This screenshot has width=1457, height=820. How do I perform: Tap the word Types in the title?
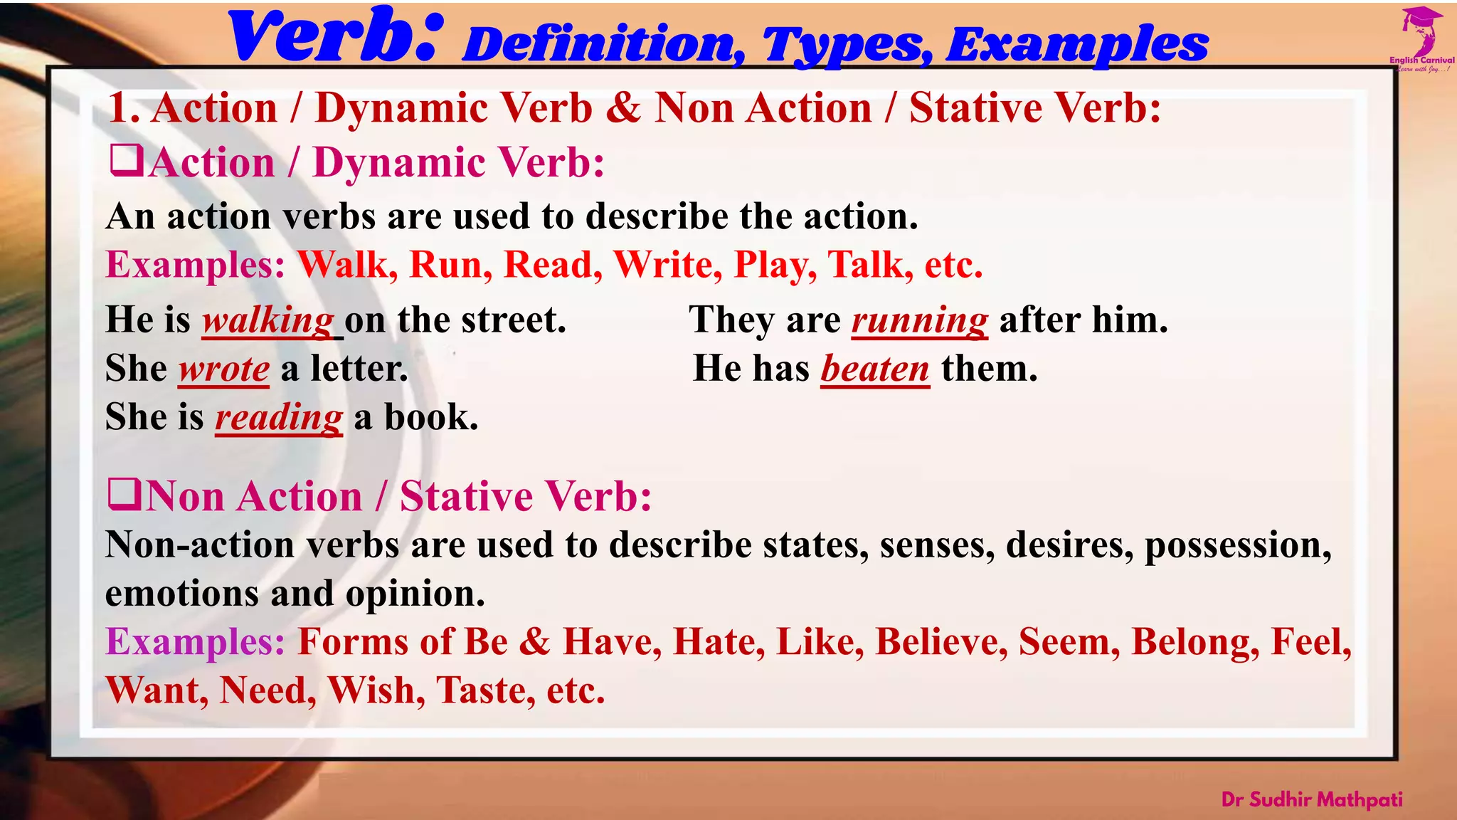point(847,44)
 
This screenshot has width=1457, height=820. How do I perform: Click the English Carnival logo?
point(1421,39)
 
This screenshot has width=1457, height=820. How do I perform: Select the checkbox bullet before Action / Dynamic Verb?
point(127,160)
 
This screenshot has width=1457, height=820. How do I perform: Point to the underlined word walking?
point(268,320)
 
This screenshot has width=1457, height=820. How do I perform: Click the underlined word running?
point(920,320)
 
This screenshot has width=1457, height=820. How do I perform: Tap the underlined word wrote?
point(223,369)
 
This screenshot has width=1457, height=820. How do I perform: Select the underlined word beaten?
point(875,369)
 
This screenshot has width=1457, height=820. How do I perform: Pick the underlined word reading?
point(279,417)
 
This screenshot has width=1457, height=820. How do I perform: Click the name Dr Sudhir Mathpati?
point(1312,799)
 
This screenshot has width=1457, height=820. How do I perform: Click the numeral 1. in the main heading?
point(124,108)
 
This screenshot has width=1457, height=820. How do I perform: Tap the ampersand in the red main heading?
point(624,108)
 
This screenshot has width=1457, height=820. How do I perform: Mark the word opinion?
point(415,594)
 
